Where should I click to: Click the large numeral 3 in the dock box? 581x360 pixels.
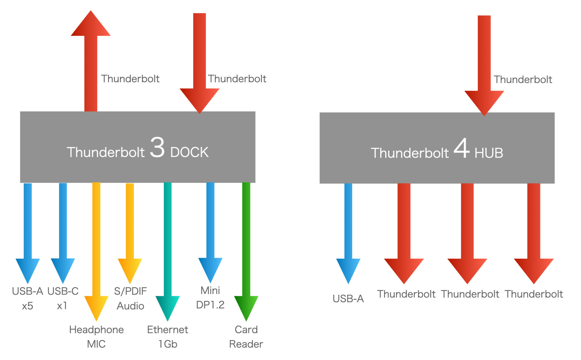[157, 147]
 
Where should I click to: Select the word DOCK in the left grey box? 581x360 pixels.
[189, 153]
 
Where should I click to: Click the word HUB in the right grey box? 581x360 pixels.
[489, 153]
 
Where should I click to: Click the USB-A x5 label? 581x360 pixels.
[28, 298]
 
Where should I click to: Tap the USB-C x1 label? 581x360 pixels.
[63, 298]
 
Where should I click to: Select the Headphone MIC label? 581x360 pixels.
[96, 337]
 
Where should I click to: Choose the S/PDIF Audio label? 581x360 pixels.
[130, 298]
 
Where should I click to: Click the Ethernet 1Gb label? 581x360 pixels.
[168, 337]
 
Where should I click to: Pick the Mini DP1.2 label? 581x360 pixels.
[210, 298]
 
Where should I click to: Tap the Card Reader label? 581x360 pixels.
[246, 337]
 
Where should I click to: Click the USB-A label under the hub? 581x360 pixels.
[348, 298]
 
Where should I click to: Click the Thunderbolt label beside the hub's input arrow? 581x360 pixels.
[523, 79]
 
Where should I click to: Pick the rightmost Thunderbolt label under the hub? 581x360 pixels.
[534, 294]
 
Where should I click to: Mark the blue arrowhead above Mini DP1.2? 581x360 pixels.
[210, 268]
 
